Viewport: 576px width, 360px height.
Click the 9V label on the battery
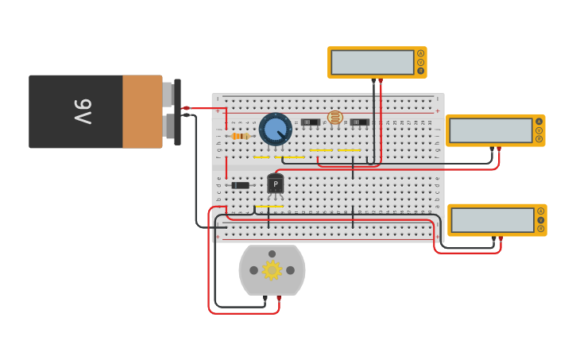[x=83, y=111]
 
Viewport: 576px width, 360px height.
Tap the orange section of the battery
[x=141, y=111]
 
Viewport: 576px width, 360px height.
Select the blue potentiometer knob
[x=275, y=129]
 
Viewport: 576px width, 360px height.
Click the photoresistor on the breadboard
[x=334, y=118]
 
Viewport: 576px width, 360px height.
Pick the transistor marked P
[x=275, y=184]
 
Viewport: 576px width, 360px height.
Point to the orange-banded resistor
[x=241, y=136]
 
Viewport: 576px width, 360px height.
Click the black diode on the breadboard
[x=240, y=185]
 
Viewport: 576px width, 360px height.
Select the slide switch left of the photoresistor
[x=310, y=122]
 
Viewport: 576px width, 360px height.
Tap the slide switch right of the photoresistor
[x=359, y=122]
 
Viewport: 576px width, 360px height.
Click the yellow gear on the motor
[x=272, y=270]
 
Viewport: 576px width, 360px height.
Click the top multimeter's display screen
[x=372, y=62]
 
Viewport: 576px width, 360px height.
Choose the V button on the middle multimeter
[x=539, y=130]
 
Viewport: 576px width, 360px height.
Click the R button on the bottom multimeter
[x=541, y=229]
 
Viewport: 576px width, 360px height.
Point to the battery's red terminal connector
[x=187, y=107]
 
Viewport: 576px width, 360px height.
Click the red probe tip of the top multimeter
[x=381, y=81]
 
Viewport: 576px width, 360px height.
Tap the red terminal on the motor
[x=278, y=297]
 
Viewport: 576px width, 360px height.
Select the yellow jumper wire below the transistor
[x=269, y=207]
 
